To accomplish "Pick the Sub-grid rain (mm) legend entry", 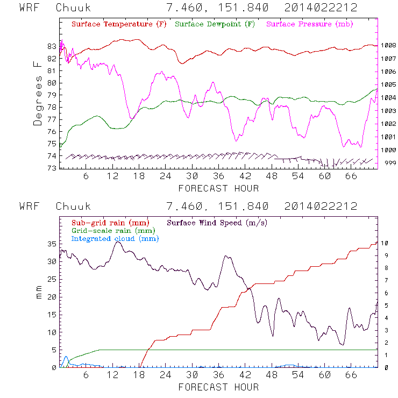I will click(x=110, y=223).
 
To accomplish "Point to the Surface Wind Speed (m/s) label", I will click(x=217, y=223).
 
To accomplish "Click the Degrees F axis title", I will click(x=38, y=93).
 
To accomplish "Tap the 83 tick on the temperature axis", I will click(x=51, y=46).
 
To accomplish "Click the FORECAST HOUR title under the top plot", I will click(x=218, y=188).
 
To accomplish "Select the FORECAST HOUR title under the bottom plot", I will click(x=218, y=387).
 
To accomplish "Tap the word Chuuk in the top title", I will click(x=73, y=8).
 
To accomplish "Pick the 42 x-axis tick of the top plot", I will click(x=245, y=177).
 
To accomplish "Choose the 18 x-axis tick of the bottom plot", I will click(x=138, y=376).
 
